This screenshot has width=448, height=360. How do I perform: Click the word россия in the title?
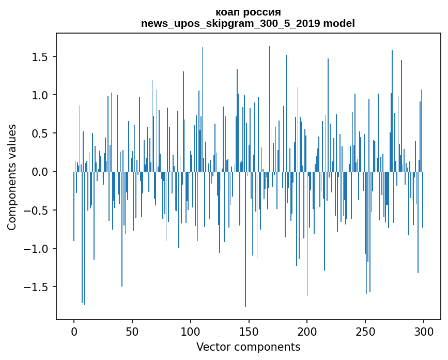point(263,13)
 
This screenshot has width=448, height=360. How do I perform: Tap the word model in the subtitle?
point(339,23)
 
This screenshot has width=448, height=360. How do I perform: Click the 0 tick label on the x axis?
point(74,332)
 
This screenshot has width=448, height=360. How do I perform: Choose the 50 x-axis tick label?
point(132,332)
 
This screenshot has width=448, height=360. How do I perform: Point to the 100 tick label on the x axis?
point(190,332)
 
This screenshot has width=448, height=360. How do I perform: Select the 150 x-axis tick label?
point(249,332)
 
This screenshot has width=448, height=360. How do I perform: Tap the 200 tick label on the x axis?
point(307,332)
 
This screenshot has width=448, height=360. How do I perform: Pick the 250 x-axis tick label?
point(365,332)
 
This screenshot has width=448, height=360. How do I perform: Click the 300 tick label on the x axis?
point(423,332)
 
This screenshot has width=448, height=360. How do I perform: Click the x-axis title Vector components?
point(248,347)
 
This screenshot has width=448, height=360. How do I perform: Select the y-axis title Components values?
point(12,177)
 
